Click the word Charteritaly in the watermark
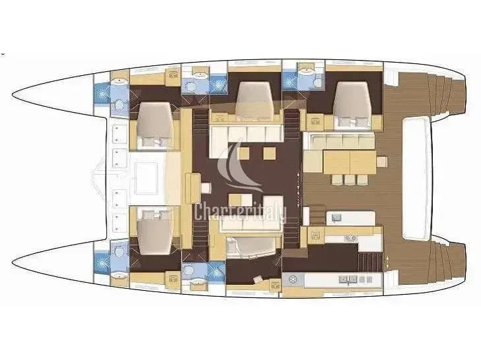(x=240, y=212)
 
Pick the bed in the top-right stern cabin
(x=351, y=104)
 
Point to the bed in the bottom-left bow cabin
(x=154, y=232)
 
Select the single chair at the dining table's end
(x=382, y=162)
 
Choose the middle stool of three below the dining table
(x=350, y=180)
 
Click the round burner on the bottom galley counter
(x=294, y=280)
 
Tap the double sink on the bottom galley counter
(x=348, y=280)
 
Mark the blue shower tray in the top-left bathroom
(x=102, y=93)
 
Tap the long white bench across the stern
(x=416, y=179)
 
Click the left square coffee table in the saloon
(x=243, y=154)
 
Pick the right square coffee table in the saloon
(x=269, y=154)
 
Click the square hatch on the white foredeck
(x=146, y=179)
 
